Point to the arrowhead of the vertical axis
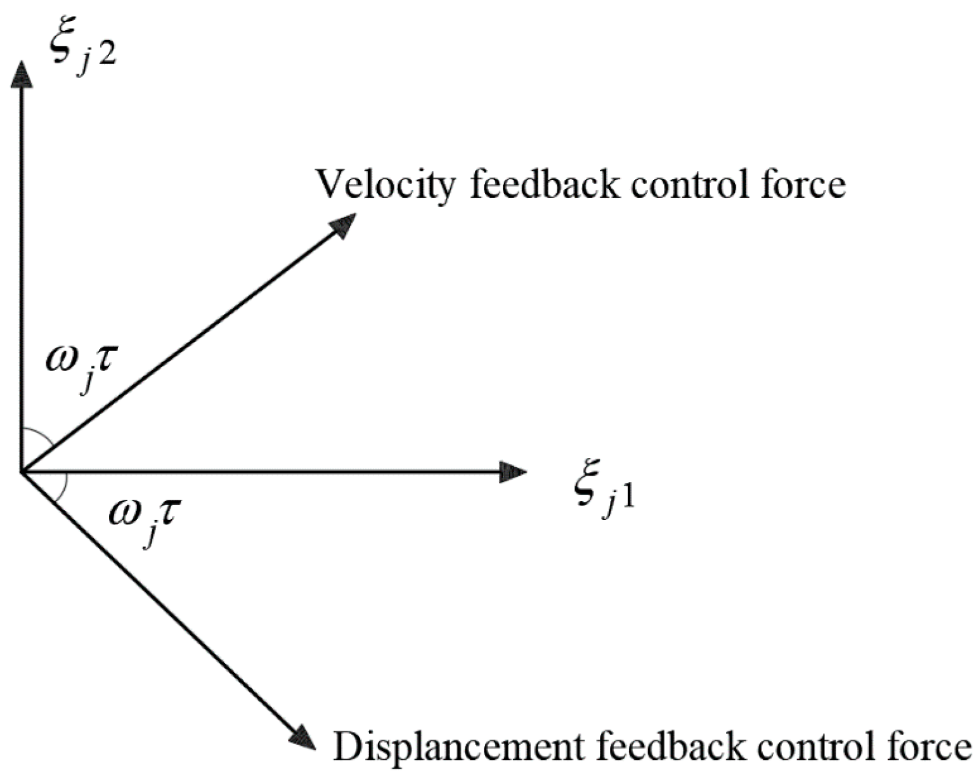[x=23, y=75]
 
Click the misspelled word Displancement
[x=457, y=746]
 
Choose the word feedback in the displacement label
[x=671, y=746]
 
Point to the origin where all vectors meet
[x=23, y=472]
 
